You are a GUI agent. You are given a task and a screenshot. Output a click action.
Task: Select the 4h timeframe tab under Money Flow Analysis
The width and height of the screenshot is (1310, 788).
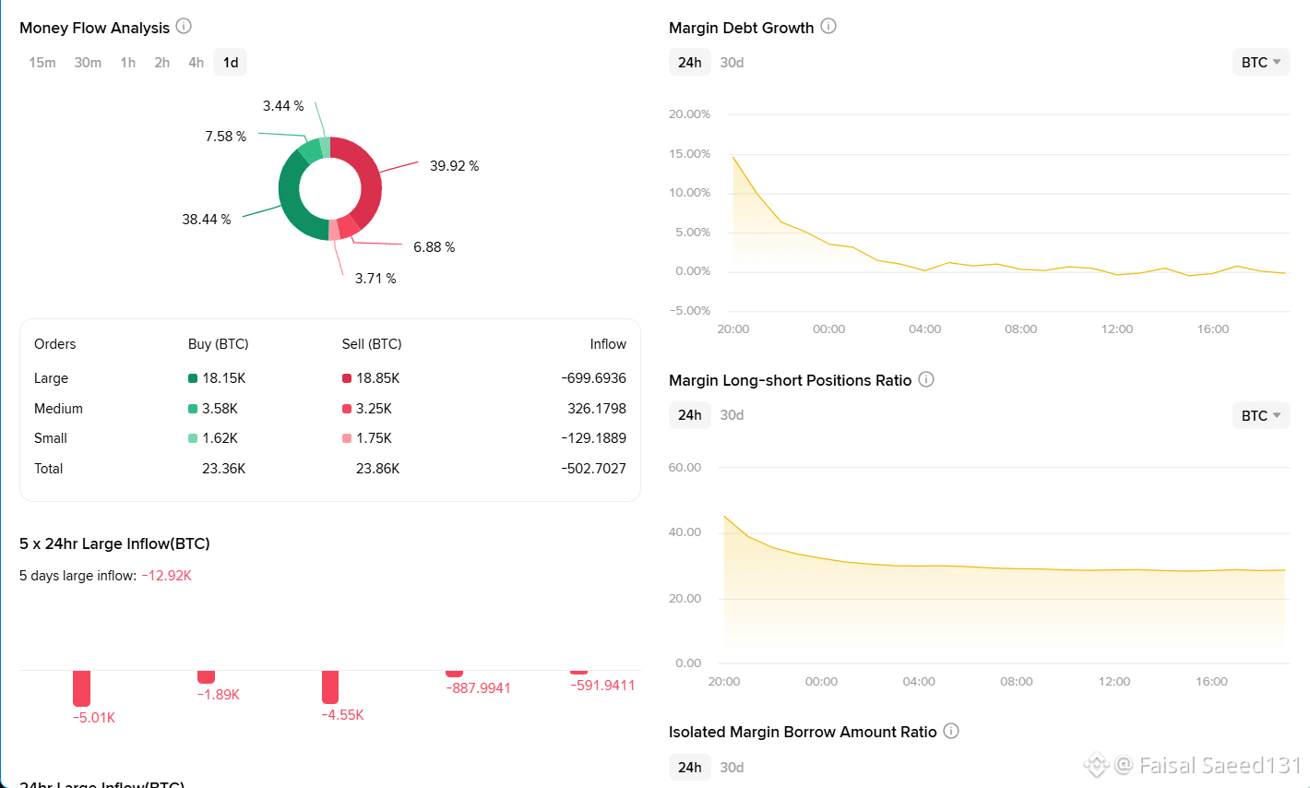coord(196,63)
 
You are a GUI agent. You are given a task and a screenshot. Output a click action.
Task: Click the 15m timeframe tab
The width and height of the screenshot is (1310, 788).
coord(42,63)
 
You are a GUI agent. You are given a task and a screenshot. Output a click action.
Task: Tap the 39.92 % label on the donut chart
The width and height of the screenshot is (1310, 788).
coord(455,166)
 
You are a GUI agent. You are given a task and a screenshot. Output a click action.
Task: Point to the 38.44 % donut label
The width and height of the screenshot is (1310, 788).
coord(207,220)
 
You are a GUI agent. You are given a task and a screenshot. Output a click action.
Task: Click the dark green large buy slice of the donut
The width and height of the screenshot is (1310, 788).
coord(290,199)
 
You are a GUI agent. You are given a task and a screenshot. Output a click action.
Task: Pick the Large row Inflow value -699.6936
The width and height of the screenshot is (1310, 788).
coord(593,378)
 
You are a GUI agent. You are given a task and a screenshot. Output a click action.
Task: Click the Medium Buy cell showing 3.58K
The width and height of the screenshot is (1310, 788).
coord(220,409)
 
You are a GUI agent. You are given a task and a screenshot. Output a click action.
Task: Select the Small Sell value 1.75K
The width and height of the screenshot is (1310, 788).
coord(374,438)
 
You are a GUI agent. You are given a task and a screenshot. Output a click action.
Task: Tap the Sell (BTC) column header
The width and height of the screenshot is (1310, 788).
coord(372,344)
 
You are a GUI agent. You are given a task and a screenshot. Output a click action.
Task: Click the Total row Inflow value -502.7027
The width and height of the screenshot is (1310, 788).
coord(593,469)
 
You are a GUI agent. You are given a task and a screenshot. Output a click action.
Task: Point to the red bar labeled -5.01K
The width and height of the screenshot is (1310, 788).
coord(81,688)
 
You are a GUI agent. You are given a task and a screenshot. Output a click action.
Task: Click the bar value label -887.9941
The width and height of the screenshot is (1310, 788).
coord(479,688)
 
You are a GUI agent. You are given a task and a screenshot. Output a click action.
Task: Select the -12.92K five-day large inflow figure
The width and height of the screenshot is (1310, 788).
coord(167,576)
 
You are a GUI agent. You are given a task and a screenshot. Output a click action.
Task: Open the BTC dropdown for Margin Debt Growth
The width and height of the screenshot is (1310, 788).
coord(1261,63)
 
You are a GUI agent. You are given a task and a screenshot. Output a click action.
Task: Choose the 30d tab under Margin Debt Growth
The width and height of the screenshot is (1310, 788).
coord(732,63)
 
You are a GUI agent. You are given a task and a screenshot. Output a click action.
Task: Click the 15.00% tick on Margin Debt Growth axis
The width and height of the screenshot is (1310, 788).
coord(689,154)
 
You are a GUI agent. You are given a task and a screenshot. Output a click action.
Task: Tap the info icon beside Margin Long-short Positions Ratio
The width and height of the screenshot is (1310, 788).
coord(926,379)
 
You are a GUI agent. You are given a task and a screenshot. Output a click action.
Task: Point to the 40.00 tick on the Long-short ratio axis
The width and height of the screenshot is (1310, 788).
coord(685,532)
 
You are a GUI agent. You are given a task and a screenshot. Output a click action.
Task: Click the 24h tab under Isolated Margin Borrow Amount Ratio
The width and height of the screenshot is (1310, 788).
coord(689,768)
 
